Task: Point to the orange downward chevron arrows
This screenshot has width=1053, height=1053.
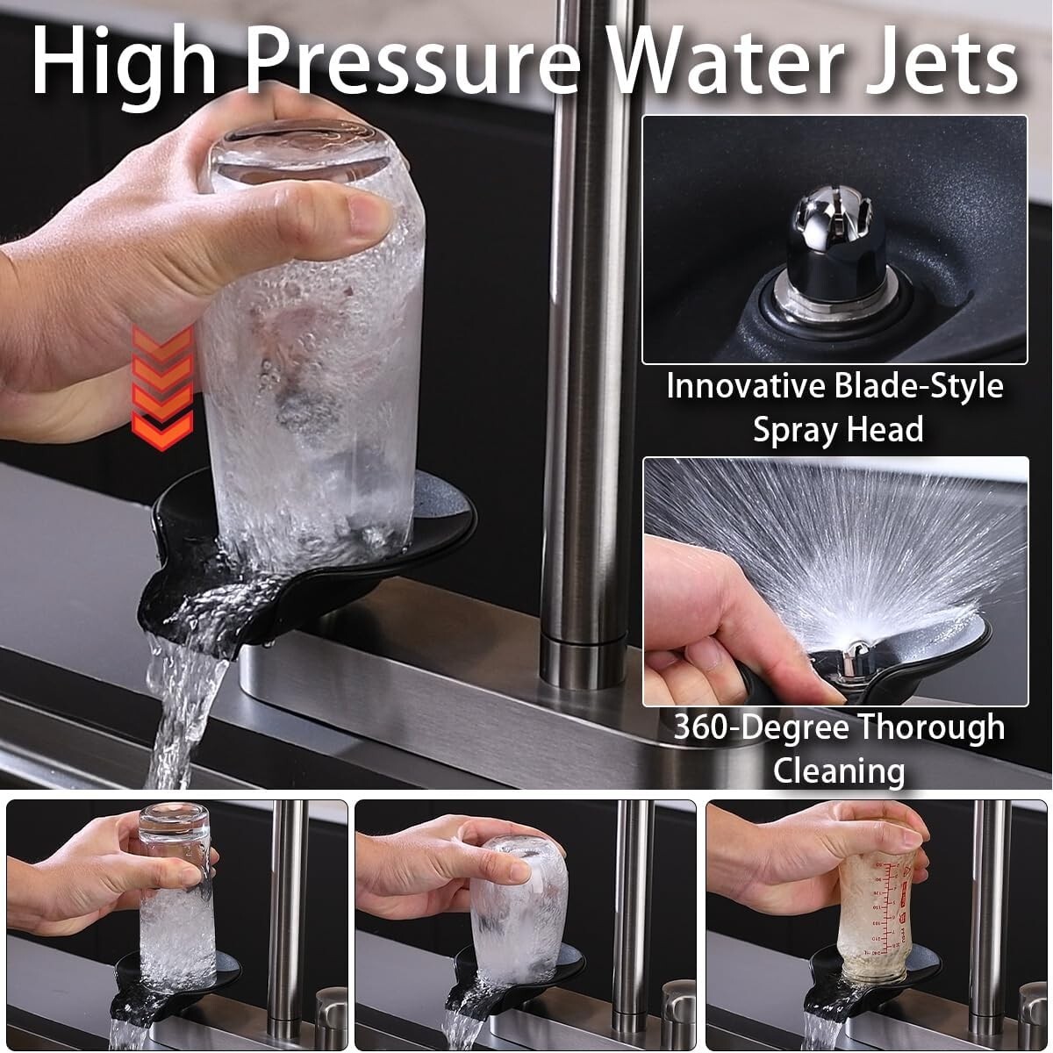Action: (x=162, y=388)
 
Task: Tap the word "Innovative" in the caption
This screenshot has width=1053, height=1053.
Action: (x=746, y=386)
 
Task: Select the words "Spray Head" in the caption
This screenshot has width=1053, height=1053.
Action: (x=838, y=429)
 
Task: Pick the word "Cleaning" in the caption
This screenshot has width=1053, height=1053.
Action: (x=839, y=771)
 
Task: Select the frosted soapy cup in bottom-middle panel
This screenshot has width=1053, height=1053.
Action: (x=518, y=908)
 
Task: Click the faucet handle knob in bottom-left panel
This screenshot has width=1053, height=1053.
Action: (x=331, y=1006)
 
